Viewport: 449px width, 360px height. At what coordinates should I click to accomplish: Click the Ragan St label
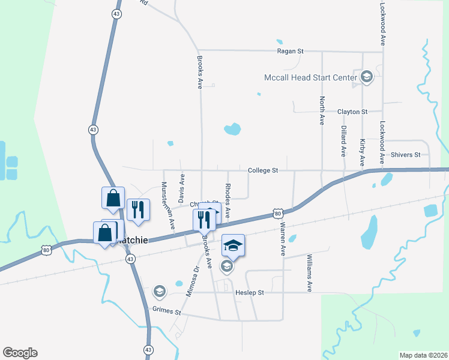(290, 52)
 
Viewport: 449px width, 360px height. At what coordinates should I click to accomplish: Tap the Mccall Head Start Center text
(310, 77)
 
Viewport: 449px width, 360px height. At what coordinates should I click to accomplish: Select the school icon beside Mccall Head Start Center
(366, 77)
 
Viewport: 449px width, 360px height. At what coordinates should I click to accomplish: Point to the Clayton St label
(352, 112)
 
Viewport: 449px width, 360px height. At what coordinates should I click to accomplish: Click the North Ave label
(322, 110)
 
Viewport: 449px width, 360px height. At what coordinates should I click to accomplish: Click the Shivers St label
(405, 155)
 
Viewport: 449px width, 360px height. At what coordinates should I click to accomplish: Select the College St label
(263, 170)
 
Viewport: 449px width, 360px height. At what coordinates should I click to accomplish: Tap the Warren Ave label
(282, 238)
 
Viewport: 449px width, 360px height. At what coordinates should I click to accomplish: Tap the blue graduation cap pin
(233, 245)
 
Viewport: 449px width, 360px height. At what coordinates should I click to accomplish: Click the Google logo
(20, 353)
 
